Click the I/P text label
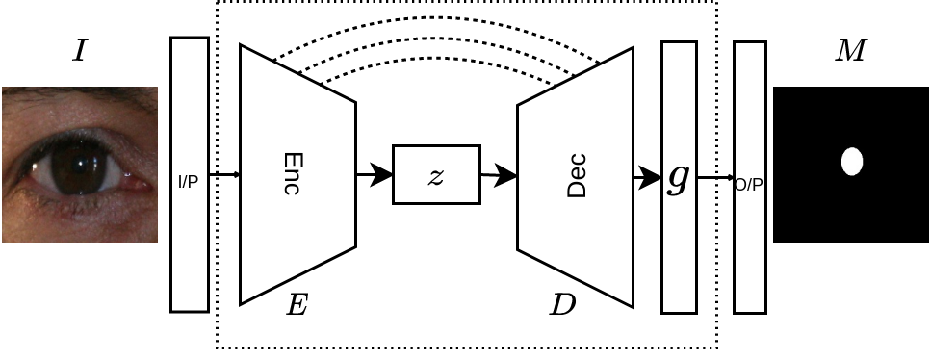(x=189, y=181)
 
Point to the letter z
(x=436, y=176)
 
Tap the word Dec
(x=576, y=175)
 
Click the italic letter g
(x=679, y=178)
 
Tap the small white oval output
(x=852, y=162)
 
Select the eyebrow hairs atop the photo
(x=77, y=93)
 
